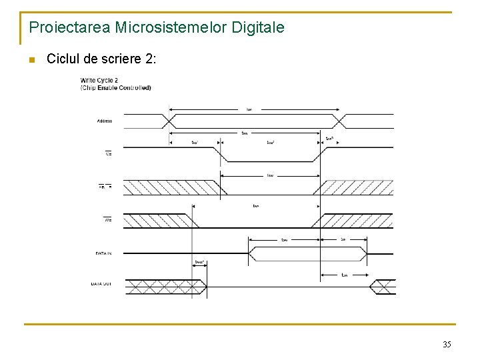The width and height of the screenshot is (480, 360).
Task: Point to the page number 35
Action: [x=447, y=345]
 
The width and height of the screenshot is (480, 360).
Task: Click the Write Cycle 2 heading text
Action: [x=99, y=81]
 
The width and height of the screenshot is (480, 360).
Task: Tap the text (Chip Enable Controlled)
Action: [x=115, y=87]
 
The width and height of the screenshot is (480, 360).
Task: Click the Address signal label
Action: [x=104, y=121]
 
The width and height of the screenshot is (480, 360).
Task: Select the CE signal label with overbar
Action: [x=108, y=153]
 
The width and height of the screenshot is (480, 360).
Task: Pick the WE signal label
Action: [x=107, y=219]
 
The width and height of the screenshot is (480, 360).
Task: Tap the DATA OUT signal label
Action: [x=102, y=285]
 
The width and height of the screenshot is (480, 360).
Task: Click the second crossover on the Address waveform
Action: [x=341, y=121]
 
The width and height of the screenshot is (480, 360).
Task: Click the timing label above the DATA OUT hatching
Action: [x=199, y=262]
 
